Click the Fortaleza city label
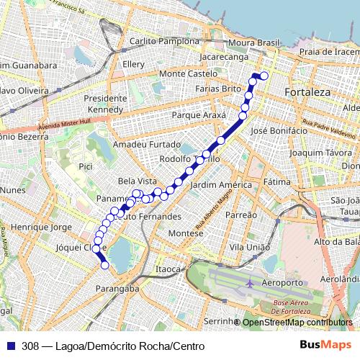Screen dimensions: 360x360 307,93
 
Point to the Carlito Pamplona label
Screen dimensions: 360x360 163,42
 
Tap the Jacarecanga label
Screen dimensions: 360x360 223,55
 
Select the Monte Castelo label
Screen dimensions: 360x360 188,73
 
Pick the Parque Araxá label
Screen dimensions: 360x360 199,115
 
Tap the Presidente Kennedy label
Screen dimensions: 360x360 104,104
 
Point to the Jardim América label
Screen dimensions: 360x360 220,185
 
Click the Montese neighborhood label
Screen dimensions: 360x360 186,234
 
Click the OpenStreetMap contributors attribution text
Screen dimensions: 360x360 297,322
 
